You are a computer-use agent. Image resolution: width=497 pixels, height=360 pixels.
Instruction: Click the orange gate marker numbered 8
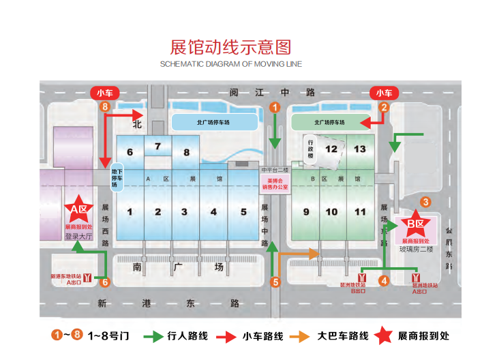pos(104,107)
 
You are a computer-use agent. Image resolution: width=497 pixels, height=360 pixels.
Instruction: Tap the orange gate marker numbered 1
pos(274,107)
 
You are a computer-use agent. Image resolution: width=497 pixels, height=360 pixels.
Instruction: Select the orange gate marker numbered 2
pos(384,107)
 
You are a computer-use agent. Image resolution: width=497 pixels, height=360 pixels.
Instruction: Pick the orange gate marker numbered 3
pos(425,201)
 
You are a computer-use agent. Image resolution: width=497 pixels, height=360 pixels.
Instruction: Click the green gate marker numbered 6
pos(104,282)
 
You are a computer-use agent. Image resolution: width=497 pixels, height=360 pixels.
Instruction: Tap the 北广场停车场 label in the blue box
pos(213,123)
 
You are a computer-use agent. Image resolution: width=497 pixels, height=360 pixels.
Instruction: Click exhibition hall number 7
pos(157,146)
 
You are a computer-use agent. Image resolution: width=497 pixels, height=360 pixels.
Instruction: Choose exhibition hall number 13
pos(360,149)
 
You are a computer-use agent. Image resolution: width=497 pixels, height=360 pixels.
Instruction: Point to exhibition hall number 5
pos(243,212)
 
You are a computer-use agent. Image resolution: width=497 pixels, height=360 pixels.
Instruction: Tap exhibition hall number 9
pos(306,212)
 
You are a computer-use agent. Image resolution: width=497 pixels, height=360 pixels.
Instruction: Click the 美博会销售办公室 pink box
pos(275,183)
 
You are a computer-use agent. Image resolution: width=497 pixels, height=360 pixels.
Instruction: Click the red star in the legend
pos(385,335)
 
